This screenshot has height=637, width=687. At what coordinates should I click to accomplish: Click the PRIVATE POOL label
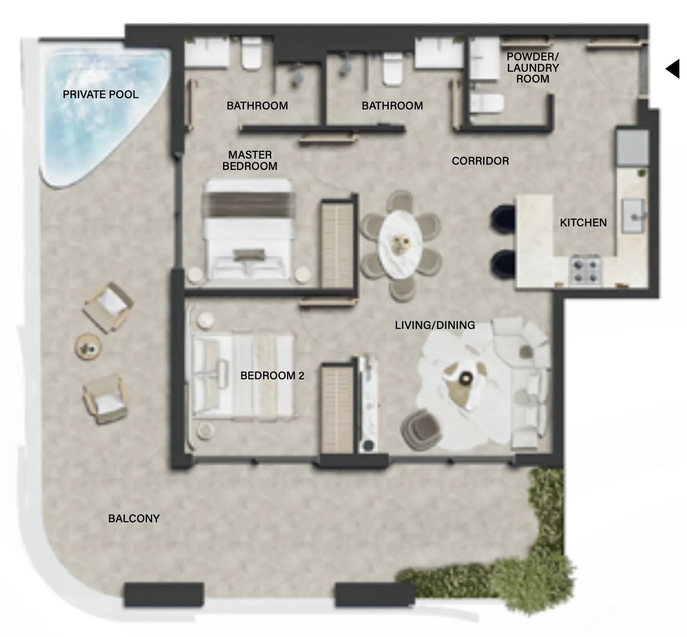pyautogui.click(x=100, y=94)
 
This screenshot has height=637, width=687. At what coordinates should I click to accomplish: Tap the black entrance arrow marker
pyautogui.click(x=673, y=69)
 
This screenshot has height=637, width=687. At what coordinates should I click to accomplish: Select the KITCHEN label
pyautogui.click(x=583, y=222)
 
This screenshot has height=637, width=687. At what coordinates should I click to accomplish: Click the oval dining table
pyautogui.click(x=400, y=246)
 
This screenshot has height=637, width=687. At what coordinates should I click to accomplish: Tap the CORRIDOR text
pyautogui.click(x=480, y=161)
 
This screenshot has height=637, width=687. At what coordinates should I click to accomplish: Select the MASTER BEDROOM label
pyautogui.click(x=250, y=160)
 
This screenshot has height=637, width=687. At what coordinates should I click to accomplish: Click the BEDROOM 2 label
pyautogui.click(x=272, y=375)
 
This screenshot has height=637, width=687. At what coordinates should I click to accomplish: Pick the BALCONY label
pyautogui.click(x=134, y=518)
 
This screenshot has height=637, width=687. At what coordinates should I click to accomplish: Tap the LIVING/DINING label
pyautogui.click(x=435, y=325)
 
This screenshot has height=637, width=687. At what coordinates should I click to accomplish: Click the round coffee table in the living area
pyautogui.click(x=466, y=377)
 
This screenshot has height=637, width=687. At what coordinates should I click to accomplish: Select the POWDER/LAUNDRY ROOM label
pyautogui.click(x=533, y=68)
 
